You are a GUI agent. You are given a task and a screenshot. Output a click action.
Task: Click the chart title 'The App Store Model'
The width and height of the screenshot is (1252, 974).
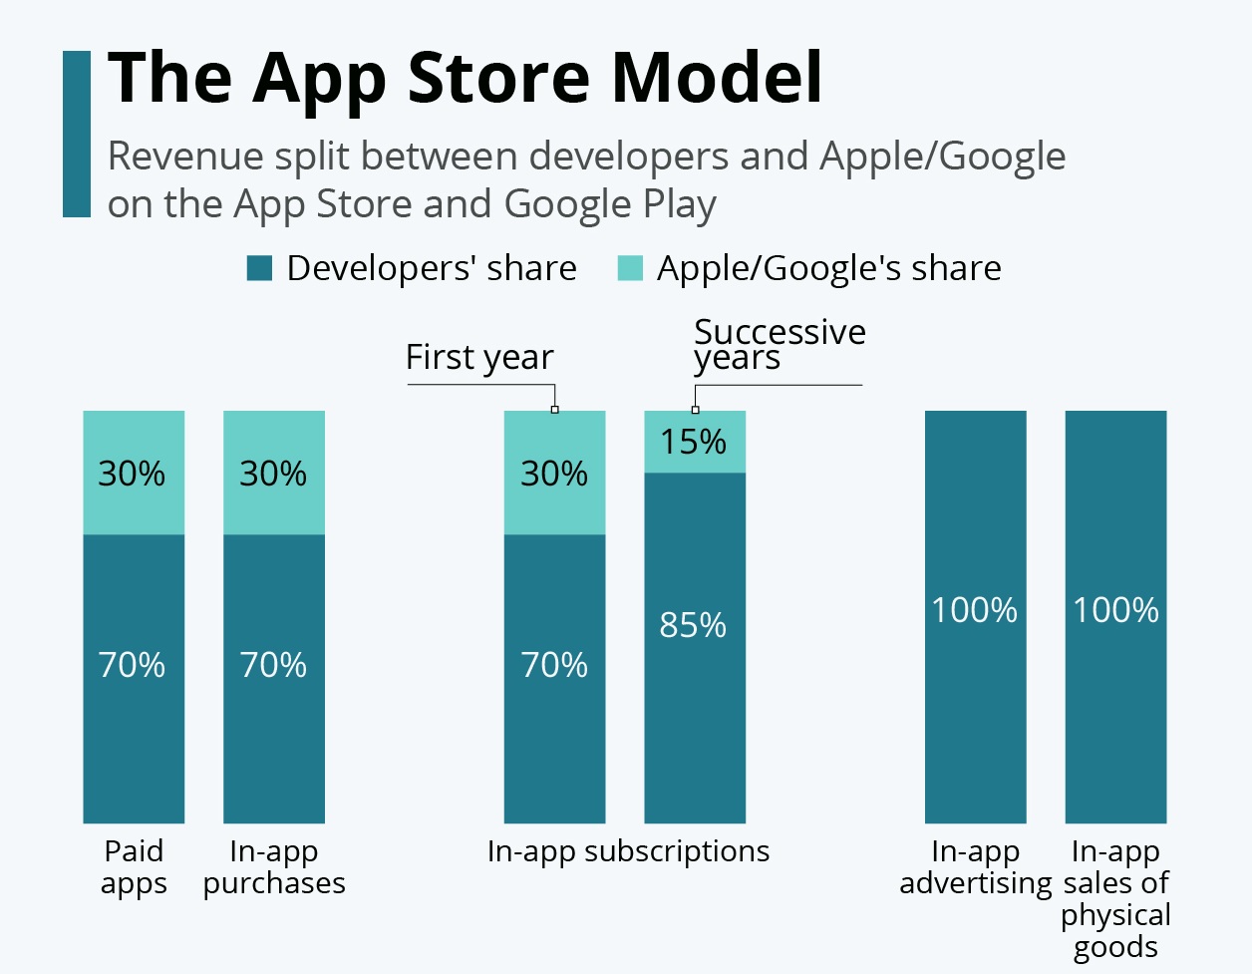pos(465,78)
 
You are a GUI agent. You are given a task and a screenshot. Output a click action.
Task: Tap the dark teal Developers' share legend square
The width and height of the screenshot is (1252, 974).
pos(259,268)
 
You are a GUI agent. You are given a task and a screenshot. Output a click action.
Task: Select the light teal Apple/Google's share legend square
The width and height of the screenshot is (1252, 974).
pos(630,268)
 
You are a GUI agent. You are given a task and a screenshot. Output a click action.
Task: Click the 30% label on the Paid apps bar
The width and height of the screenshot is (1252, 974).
pos(132,474)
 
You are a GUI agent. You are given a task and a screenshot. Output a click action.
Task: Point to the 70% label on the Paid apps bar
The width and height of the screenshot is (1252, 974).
pos(132,665)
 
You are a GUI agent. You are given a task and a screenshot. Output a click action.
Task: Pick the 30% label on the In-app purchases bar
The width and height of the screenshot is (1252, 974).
pos(273,474)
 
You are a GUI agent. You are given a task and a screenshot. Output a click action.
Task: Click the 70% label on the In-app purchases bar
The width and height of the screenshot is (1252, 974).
pos(273,665)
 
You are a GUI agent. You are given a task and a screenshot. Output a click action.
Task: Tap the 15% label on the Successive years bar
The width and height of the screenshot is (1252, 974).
pos(694,442)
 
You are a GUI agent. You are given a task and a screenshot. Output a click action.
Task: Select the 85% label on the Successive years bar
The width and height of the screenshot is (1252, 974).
pos(694,625)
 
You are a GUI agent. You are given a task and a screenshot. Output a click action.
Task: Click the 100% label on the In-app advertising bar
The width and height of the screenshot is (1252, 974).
pos(975,610)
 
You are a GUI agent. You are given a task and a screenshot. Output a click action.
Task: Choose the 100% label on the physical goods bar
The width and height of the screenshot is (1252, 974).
pos(1115,610)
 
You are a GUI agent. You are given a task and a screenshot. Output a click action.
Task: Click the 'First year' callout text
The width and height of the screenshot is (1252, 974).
pos(479,358)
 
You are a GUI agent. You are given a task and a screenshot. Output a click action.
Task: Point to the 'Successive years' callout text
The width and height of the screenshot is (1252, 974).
pos(779,344)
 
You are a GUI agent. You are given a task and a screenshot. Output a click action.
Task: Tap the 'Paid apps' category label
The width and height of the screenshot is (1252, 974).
pos(134,867)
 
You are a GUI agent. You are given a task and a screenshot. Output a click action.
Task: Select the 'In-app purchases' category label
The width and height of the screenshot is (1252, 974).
pos(274,867)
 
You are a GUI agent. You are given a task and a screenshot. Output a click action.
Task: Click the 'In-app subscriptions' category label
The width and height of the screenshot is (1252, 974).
pos(628,851)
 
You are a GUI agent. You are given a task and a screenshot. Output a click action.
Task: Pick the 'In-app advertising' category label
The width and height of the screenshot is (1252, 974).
pos(975,867)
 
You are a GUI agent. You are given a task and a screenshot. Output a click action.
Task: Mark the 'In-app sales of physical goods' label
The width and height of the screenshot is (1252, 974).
pos(1115,899)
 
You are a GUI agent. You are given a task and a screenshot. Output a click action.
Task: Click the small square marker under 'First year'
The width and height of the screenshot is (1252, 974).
pos(555,410)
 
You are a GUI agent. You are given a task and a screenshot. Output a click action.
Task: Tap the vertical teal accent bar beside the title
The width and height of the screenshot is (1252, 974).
pos(77,135)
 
